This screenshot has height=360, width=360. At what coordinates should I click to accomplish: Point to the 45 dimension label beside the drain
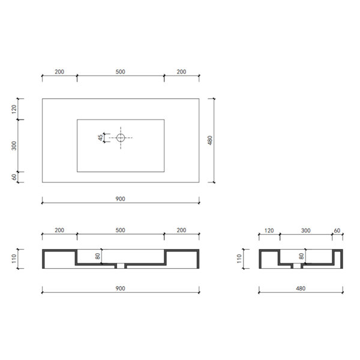pyautogui.click(x=101, y=138)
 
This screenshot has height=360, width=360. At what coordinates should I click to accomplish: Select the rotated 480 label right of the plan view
pyautogui.click(x=210, y=140)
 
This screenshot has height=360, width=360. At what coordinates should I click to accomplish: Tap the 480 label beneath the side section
pyautogui.click(x=301, y=289)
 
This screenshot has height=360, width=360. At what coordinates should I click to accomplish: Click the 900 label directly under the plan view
pyautogui.click(x=121, y=199)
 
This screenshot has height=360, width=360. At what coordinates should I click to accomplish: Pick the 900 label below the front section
pyautogui.click(x=121, y=289)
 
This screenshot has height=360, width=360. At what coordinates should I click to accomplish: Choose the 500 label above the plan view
pyautogui.click(x=121, y=71)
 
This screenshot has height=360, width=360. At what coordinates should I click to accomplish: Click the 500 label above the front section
pyautogui.click(x=121, y=230)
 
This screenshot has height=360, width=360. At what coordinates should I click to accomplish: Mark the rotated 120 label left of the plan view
pyautogui.click(x=14, y=109)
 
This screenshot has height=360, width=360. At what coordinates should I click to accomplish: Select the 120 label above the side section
pyautogui.click(x=269, y=230)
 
